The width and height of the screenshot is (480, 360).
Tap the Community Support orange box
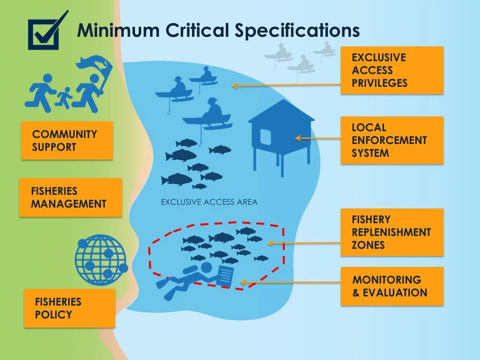pos(67,140)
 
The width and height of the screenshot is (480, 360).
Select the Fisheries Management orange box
pos(70,198)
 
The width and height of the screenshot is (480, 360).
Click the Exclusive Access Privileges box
pos(392,70)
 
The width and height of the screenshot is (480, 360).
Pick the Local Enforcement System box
pos(392,140)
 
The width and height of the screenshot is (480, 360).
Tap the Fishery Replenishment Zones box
pos(392,232)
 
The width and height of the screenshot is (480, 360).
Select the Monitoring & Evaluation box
pos(392,286)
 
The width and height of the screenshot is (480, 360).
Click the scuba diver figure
pos(188,280)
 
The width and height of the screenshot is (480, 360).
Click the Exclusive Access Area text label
pos(209,202)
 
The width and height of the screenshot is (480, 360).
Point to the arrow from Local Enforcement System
pos(318,138)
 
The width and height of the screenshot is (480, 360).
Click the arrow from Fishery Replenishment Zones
pos(304,243)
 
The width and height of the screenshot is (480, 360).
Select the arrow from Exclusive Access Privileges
pos(286,85)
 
